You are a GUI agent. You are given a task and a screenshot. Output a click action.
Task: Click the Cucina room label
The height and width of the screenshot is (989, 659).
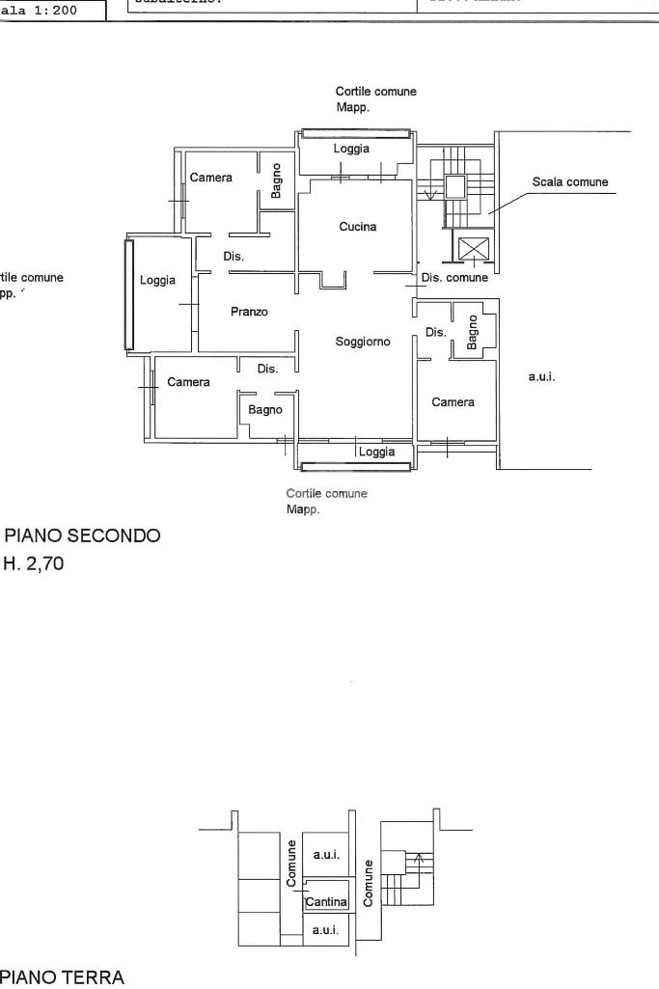[x=357, y=227]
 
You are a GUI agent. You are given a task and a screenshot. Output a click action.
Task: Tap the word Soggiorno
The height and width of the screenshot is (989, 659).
[x=362, y=342]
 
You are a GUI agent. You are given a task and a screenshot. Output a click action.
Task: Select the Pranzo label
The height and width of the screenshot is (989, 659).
[x=249, y=312]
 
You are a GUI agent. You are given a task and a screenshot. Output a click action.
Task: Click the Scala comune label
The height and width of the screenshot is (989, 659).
[x=570, y=181]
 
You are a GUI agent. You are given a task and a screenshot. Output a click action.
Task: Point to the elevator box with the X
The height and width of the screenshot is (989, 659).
[x=473, y=248]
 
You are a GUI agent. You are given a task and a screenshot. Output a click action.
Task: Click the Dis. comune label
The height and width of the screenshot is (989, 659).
[x=454, y=278]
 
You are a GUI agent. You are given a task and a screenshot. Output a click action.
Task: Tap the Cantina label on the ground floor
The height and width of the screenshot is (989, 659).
[x=326, y=902]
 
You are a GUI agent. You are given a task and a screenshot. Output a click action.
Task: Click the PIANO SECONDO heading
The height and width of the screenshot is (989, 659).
[x=83, y=536]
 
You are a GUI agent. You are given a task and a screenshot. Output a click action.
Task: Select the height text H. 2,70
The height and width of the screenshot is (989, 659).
[x=34, y=564]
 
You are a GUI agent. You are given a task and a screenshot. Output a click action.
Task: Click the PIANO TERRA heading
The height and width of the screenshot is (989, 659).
[x=64, y=978]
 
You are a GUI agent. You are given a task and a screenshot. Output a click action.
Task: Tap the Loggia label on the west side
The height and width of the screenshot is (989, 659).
[x=157, y=281]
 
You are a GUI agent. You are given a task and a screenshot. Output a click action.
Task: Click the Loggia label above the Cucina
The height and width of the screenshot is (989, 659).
[x=351, y=149]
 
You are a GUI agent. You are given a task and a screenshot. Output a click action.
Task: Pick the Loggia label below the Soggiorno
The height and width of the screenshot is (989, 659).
[x=376, y=452]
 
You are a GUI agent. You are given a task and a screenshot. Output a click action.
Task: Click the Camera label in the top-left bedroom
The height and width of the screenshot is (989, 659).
[x=210, y=178]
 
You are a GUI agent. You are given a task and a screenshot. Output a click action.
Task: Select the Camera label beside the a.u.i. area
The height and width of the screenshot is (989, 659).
[x=453, y=402]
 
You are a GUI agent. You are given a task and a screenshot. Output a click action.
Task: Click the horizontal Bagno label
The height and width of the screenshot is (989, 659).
[x=265, y=410]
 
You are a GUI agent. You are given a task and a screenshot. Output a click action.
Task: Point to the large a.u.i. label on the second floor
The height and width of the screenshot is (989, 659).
[x=540, y=377]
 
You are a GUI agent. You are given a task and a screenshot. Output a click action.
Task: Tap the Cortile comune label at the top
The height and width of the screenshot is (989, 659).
[x=376, y=92]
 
